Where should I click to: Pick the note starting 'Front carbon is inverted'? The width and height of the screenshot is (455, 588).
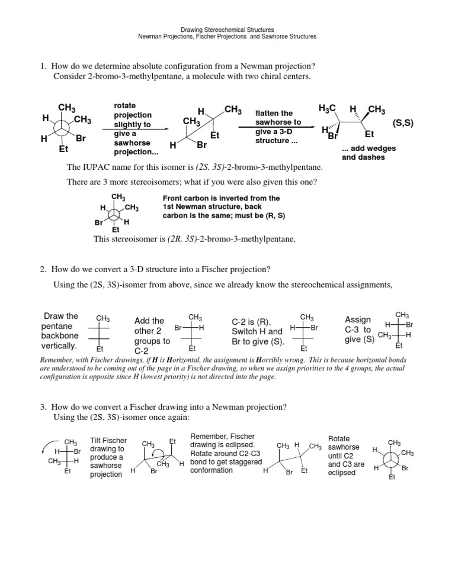pyautogui.click(x=223, y=207)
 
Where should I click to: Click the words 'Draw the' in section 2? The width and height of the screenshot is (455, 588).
pyautogui.click(x=61, y=315)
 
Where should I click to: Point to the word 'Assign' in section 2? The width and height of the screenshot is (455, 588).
pyautogui.click(x=358, y=319)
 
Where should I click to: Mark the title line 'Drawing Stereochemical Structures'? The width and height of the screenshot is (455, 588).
pyautogui.click(x=227, y=29)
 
